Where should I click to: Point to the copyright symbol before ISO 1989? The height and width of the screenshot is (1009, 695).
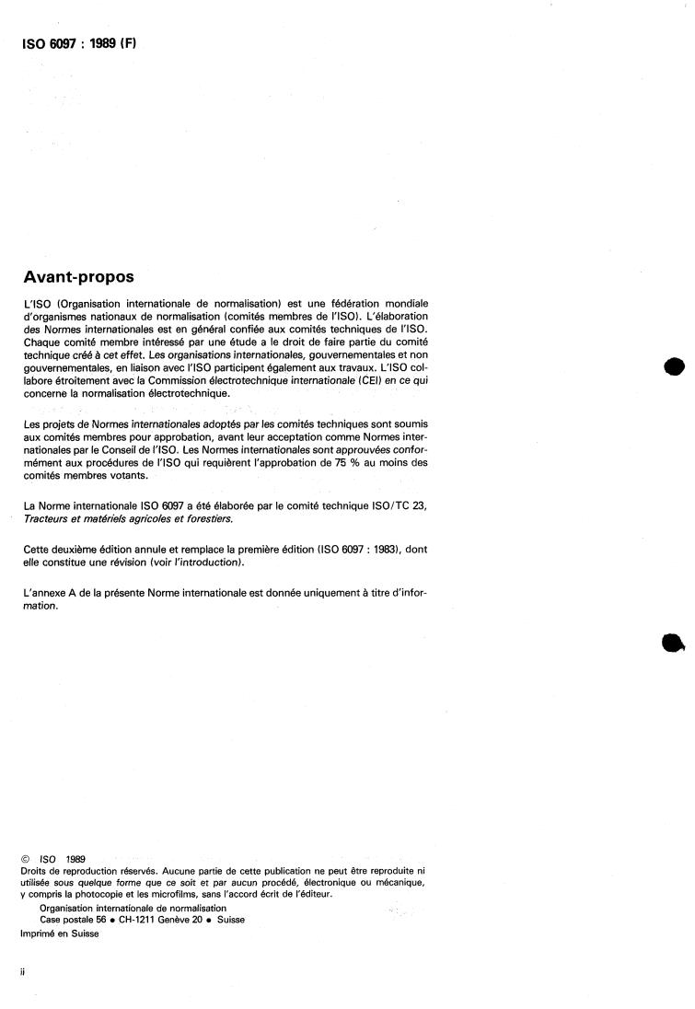tap(25, 859)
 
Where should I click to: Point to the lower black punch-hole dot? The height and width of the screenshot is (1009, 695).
tap(673, 644)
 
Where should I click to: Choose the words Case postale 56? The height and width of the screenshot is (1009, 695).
tap(62, 919)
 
